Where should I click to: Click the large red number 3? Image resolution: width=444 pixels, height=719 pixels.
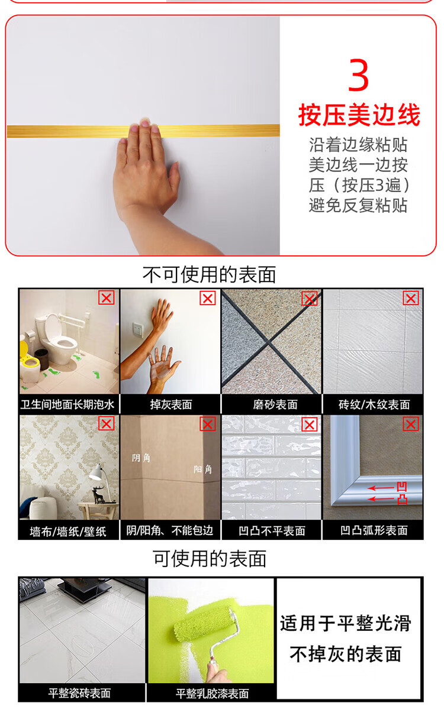pyautogui.click(x=358, y=75)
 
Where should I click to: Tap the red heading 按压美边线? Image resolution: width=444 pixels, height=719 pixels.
pyautogui.click(x=359, y=115)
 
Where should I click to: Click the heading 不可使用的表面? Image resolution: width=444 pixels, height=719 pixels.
pyautogui.click(x=209, y=275)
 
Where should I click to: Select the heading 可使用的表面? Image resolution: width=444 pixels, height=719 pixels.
pyautogui.click(x=210, y=559)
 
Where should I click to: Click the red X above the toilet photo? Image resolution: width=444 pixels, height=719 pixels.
pyautogui.click(x=107, y=298)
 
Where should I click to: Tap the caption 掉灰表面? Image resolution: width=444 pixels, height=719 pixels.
pyautogui.click(x=171, y=404)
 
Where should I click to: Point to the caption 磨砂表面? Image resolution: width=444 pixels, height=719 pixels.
pyautogui.click(x=275, y=404)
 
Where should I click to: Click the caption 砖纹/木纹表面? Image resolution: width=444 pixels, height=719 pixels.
pyautogui.click(x=374, y=404)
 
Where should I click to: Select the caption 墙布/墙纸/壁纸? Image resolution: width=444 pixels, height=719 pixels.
pyautogui.click(x=68, y=532)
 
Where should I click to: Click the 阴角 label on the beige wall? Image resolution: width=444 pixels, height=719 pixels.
pyautogui.click(x=141, y=458)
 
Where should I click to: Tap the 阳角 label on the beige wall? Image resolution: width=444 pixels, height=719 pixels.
pyautogui.click(x=202, y=469)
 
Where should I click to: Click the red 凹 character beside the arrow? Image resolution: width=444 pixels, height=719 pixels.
pyautogui.click(x=402, y=487)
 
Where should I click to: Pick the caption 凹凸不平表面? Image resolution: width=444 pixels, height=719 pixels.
pyautogui.click(x=272, y=531)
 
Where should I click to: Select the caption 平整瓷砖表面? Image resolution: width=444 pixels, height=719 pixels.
pyautogui.click(x=79, y=694)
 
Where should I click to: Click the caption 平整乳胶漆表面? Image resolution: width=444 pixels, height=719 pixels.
pyautogui.click(x=212, y=694)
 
